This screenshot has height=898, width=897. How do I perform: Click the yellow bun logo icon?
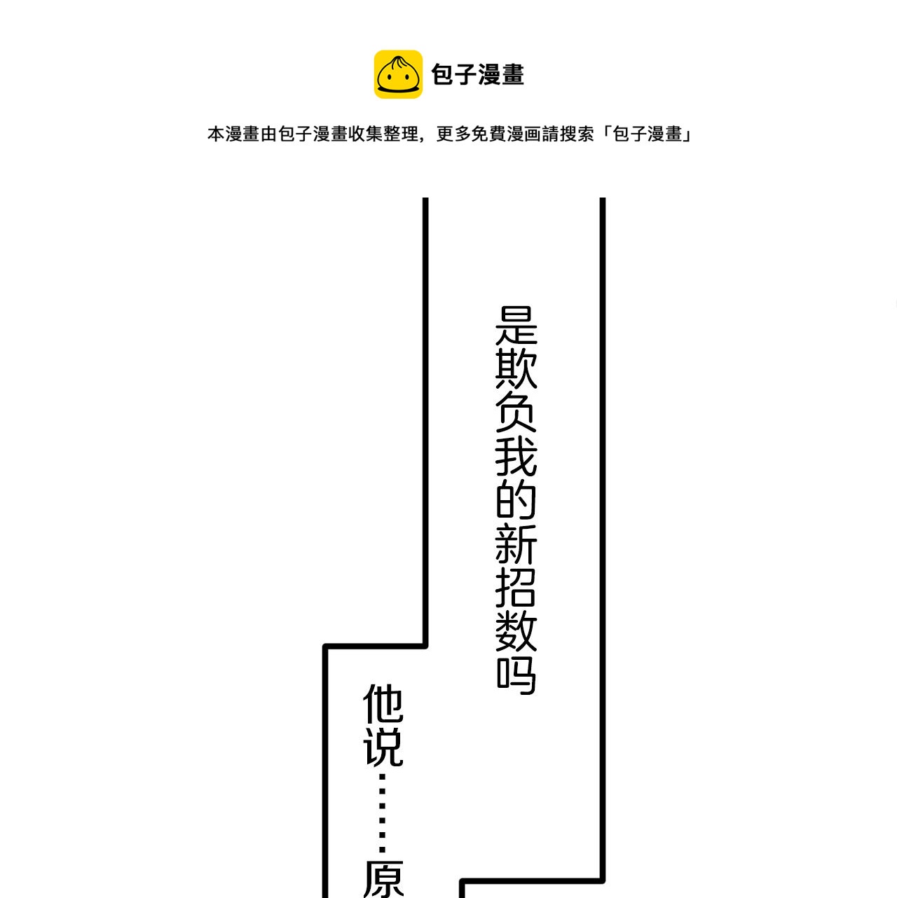[x=398, y=74]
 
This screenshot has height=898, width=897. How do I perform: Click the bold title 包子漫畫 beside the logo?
[x=477, y=75]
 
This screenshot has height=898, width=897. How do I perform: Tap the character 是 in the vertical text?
[x=516, y=326]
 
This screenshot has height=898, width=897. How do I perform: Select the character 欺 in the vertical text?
[x=516, y=369]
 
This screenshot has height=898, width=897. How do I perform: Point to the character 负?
[x=516, y=413]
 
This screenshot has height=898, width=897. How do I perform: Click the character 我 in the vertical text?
[x=516, y=457]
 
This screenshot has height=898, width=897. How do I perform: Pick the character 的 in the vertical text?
[x=516, y=500]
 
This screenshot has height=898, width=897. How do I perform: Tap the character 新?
[x=516, y=544]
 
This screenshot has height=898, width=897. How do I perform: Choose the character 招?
[x=516, y=588]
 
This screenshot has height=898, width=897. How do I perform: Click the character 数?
[x=516, y=631]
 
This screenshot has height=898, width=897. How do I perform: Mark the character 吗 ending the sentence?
[x=516, y=675]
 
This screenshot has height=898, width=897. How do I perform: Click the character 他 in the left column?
[x=383, y=704]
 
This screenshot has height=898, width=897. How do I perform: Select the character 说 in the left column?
[x=383, y=747]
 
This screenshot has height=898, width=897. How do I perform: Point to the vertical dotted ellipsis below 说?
[x=383, y=813]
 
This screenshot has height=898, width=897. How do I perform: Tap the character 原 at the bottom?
[x=383, y=879]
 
